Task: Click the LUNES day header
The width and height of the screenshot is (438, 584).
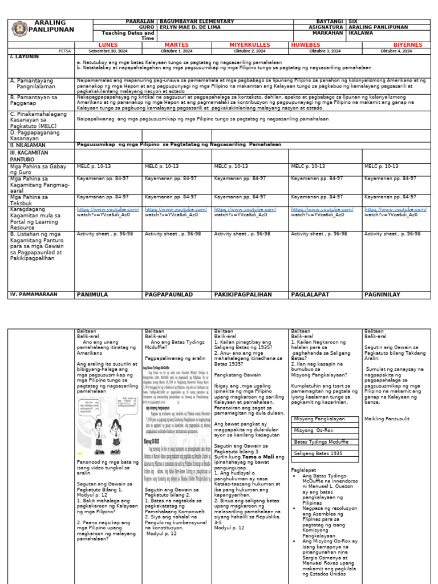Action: coord(108,44)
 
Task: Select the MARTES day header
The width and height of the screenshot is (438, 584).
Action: coord(176,44)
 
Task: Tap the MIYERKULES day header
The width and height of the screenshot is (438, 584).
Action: coord(250,44)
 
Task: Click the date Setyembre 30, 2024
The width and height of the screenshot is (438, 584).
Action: coord(108,51)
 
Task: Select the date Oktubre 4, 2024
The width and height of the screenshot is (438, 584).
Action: coord(396,51)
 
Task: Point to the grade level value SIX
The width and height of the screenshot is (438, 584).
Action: coord(354,21)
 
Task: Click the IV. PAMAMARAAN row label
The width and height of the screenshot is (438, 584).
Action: coord(33,294)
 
